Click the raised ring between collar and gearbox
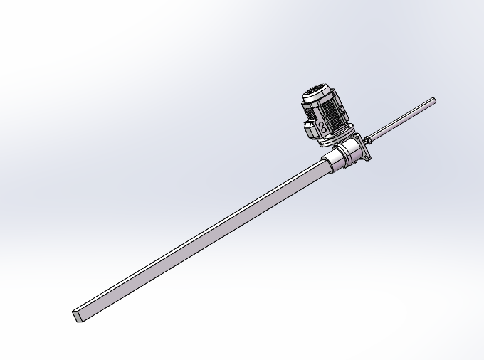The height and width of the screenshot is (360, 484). (x=340, y=158)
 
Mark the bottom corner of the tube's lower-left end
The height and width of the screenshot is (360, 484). (x=76, y=322)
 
